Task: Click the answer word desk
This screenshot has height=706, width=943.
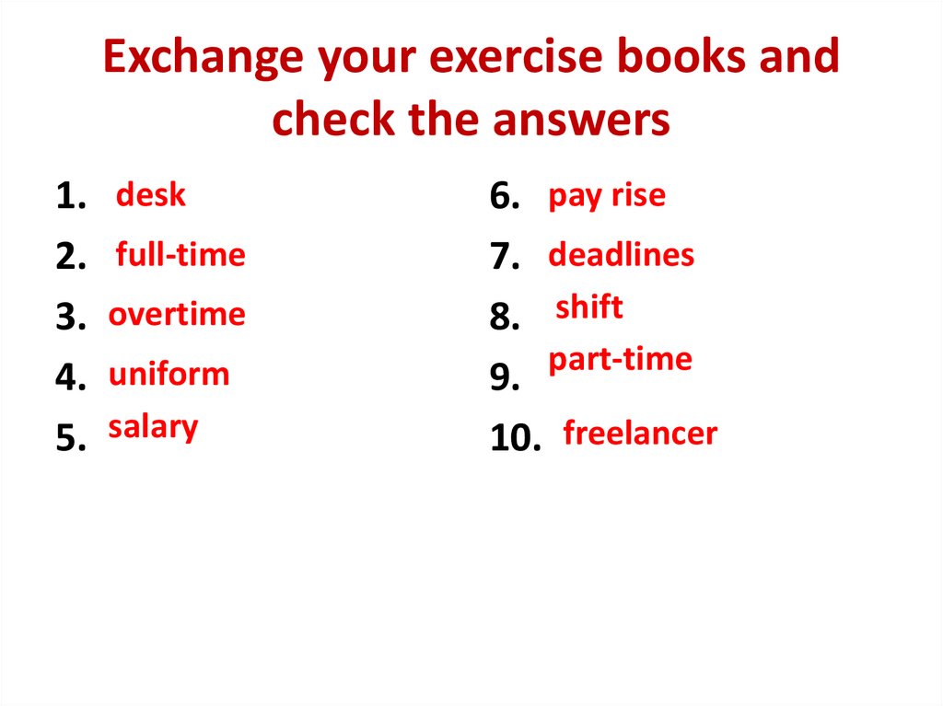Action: coord(150,195)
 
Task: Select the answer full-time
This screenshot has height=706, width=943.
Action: coord(180,254)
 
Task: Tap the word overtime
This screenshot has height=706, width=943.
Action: coord(177,315)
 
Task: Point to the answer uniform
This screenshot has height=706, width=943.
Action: coord(169,375)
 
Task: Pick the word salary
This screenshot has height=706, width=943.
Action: coord(153,427)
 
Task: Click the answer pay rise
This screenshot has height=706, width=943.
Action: coord(606,196)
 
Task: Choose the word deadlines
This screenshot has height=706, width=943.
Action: coord(621,254)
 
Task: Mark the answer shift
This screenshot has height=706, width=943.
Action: coord(589,307)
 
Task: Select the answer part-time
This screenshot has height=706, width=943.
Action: coord(620,359)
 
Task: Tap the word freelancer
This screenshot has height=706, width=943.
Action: coord(640,433)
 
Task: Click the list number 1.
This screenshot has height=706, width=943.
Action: coord(71,197)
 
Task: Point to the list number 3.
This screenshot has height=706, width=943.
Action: coord(71,318)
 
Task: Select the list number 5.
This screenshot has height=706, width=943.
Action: coord(71,439)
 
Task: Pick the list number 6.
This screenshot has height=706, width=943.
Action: coord(506,197)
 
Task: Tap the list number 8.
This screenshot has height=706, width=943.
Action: coord(506,318)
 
